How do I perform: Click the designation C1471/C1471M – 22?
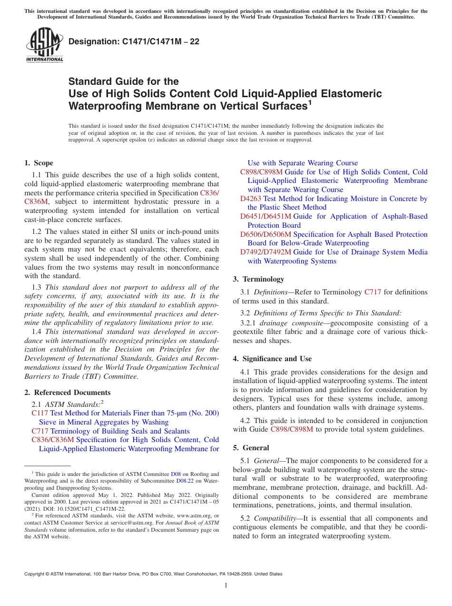pyautogui.click(x=134, y=42)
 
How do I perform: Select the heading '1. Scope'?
pyautogui.click(x=39, y=163)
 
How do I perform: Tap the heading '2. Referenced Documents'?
pyautogui.click(x=68, y=393)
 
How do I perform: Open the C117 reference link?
pyautogui.click(x=40, y=414)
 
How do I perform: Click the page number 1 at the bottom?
pyautogui.click(x=226, y=586)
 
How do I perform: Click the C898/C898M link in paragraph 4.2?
pyautogui.click(x=292, y=429)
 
